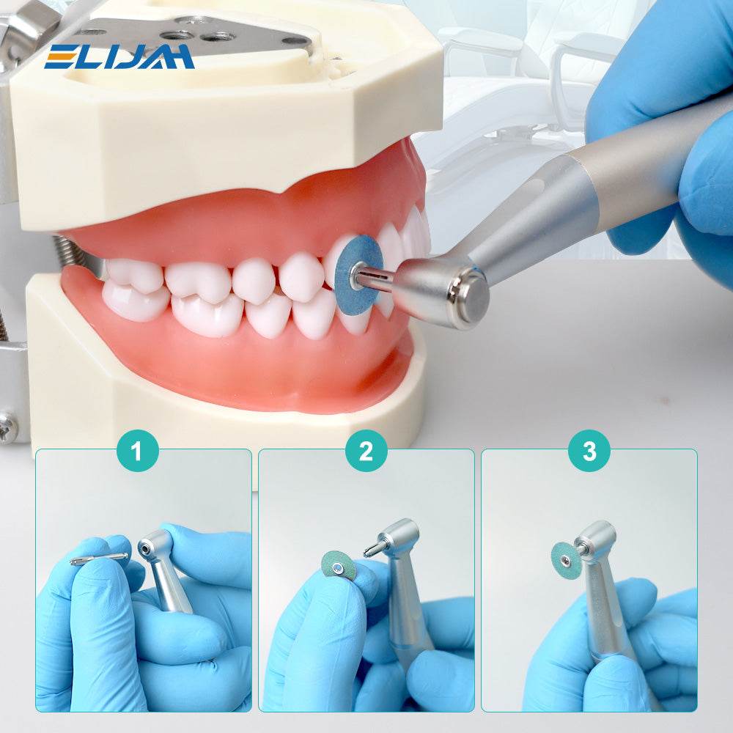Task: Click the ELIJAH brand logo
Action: pos(119,56)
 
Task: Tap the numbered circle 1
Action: pos(138,451)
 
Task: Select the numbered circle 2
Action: pos(366,451)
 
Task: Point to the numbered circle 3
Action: pos(589,451)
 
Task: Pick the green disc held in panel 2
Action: pos(339,566)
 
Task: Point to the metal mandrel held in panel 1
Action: pos(99,559)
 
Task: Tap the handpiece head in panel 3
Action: pos(596,540)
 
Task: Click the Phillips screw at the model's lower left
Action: pos(8,427)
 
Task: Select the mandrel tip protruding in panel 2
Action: pos(372,549)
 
